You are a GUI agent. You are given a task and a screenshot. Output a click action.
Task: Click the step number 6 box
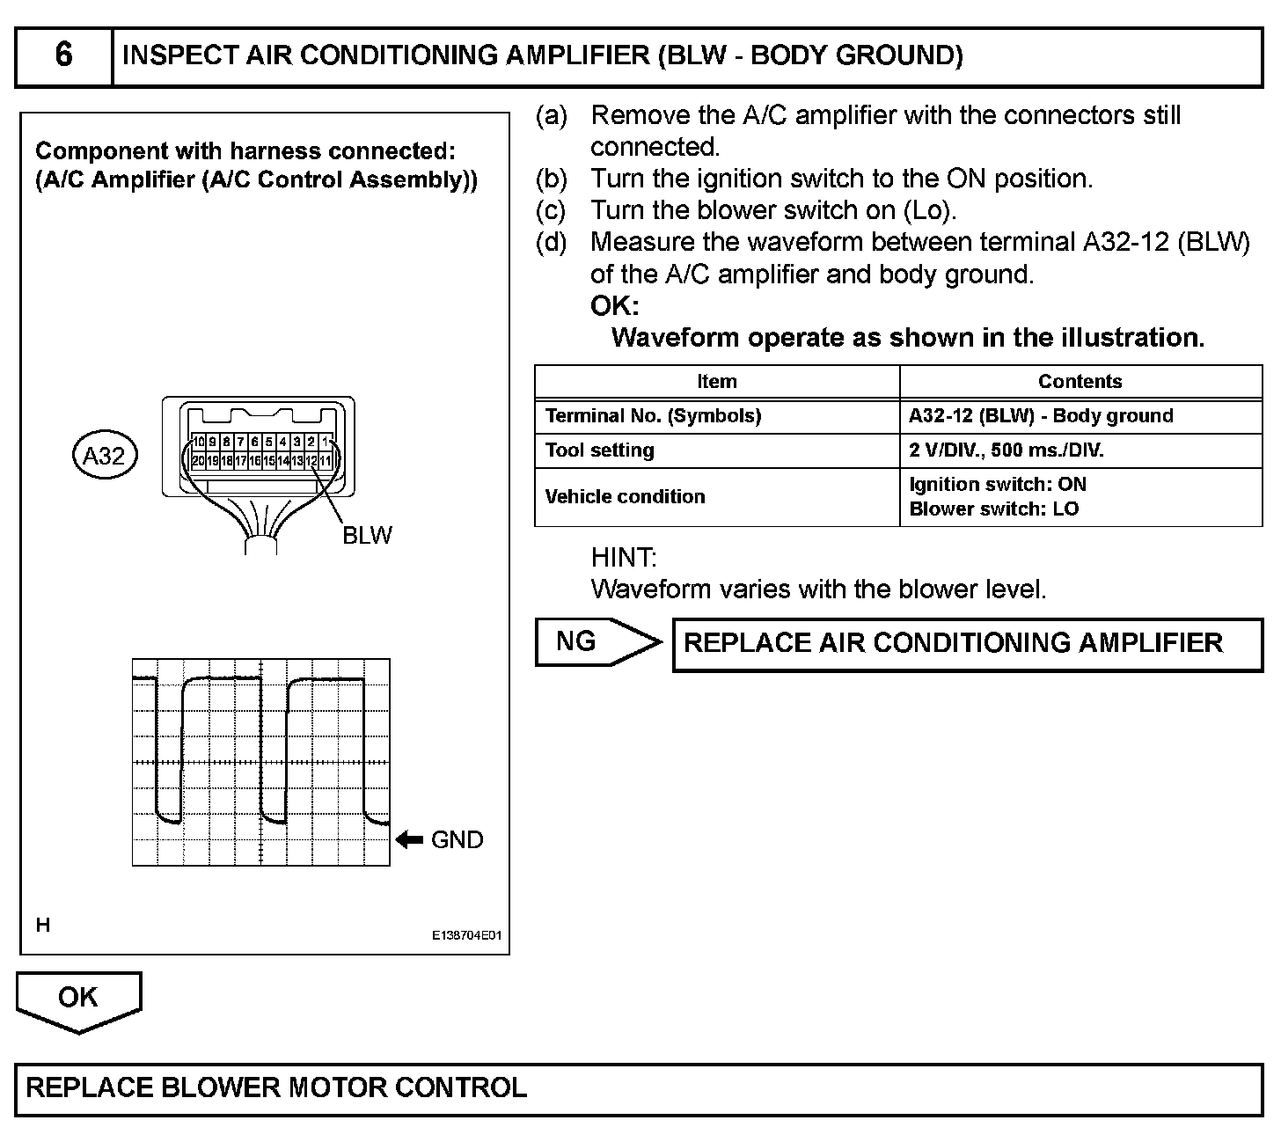click(x=63, y=55)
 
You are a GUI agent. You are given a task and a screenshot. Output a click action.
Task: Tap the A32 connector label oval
click(x=104, y=456)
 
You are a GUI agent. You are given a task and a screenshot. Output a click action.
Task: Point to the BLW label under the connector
click(x=367, y=535)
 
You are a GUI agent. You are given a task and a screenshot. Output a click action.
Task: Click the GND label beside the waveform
click(x=457, y=840)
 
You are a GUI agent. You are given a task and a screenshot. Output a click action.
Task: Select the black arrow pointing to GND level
click(x=409, y=840)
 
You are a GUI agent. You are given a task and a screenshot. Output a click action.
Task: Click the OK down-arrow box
click(x=78, y=999)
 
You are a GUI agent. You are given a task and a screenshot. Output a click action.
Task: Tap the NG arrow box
click(x=596, y=641)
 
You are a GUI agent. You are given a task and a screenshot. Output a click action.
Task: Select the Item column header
click(x=716, y=382)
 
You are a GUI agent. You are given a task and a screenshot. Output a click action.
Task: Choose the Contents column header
click(x=1080, y=382)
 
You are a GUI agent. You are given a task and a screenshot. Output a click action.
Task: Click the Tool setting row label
click(x=600, y=450)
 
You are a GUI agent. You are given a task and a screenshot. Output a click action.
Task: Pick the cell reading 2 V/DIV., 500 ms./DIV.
click(x=1006, y=450)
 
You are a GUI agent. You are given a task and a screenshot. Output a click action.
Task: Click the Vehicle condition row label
click(x=625, y=497)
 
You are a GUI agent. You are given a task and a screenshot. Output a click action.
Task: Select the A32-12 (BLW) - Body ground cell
click(x=1041, y=416)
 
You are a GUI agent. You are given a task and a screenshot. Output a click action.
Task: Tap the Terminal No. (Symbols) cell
click(x=653, y=416)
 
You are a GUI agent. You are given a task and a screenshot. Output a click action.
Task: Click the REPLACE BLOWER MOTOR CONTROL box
click(x=639, y=1088)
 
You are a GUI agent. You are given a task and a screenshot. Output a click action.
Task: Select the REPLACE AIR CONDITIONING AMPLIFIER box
click(x=967, y=644)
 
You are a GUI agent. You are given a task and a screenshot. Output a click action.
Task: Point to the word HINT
click(x=624, y=558)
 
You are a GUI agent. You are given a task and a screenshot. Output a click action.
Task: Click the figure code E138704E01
click(x=465, y=936)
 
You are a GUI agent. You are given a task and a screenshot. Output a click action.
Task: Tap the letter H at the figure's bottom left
click(x=42, y=925)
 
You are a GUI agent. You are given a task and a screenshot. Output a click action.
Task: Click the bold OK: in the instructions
click(x=615, y=306)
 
